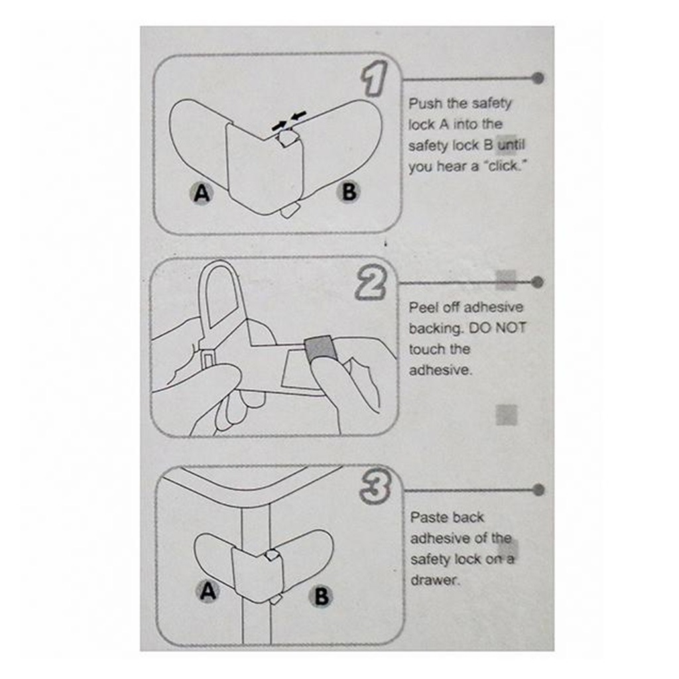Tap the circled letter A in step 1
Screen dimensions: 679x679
pyautogui.click(x=202, y=193)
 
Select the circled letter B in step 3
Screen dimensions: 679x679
pyautogui.click(x=321, y=596)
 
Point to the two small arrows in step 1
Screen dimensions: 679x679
pyautogui.click(x=289, y=120)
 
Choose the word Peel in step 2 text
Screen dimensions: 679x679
pyautogui.click(x=422, y=307)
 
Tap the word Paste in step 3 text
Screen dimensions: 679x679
pyautogui.click(x=428, y=517)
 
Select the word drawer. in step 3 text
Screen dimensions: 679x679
pyautogui.click(x=434, y=580)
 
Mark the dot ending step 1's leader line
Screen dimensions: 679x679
pyautogui.click(x=538, y=78)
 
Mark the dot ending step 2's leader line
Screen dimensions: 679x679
pyautogui.click(x=538, y=282)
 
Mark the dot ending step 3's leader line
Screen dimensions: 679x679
pyautogui.click(x=538, y=490)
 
